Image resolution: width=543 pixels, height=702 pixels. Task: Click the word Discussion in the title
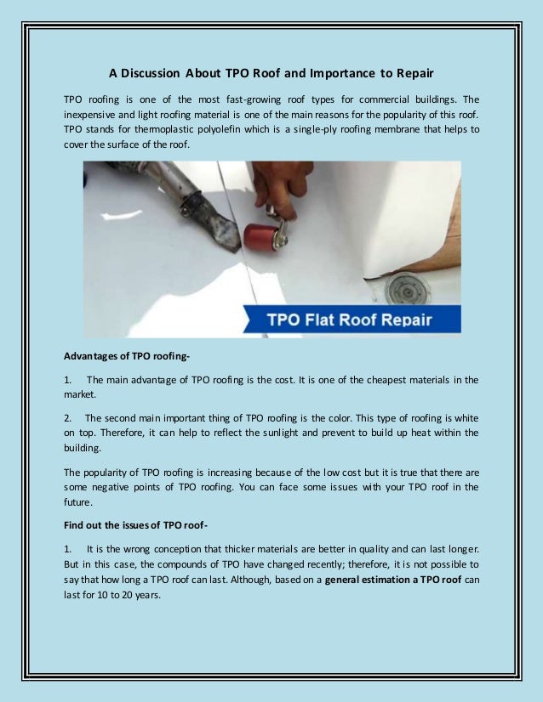[156, 72]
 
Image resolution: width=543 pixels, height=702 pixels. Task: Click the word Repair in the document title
[411, 72]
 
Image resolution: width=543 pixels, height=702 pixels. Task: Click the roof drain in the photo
[407, 288]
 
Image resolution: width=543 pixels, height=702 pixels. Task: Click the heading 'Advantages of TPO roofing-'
[118, 355]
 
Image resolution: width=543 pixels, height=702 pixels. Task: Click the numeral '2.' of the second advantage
[69, 418]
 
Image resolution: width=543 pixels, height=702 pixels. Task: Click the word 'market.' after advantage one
[80, 394]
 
